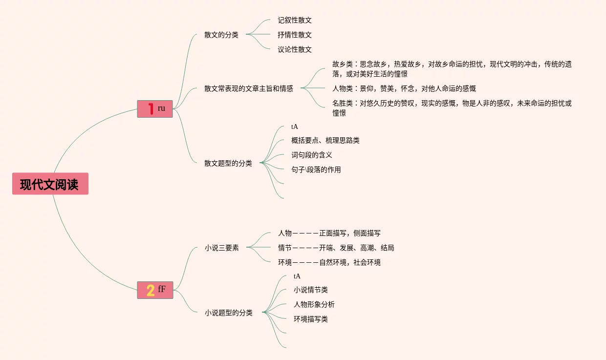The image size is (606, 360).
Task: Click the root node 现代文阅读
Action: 50,184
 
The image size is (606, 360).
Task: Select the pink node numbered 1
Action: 155,108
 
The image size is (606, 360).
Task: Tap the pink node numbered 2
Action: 155,290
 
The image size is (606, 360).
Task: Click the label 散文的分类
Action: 221,35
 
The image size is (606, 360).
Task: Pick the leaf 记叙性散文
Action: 294,20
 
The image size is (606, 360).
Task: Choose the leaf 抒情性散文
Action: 294,35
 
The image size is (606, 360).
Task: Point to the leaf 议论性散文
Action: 294,49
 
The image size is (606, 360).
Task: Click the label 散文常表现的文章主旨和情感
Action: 249,88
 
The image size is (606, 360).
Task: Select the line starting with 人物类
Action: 404,88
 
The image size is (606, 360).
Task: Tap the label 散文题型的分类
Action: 228,163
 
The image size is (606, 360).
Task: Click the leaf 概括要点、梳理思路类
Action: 325,140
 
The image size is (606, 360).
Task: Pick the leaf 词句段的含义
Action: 311,155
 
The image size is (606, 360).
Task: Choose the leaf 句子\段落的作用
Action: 316,169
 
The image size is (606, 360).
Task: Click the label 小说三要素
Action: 222,248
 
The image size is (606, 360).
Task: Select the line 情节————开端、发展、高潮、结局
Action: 336,248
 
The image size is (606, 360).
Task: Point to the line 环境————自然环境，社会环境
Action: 329,262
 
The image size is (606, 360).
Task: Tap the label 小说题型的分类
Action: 229,313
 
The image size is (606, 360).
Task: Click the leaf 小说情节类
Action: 310,290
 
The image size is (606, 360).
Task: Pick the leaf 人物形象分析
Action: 314,304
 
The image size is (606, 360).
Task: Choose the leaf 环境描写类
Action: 310,319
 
